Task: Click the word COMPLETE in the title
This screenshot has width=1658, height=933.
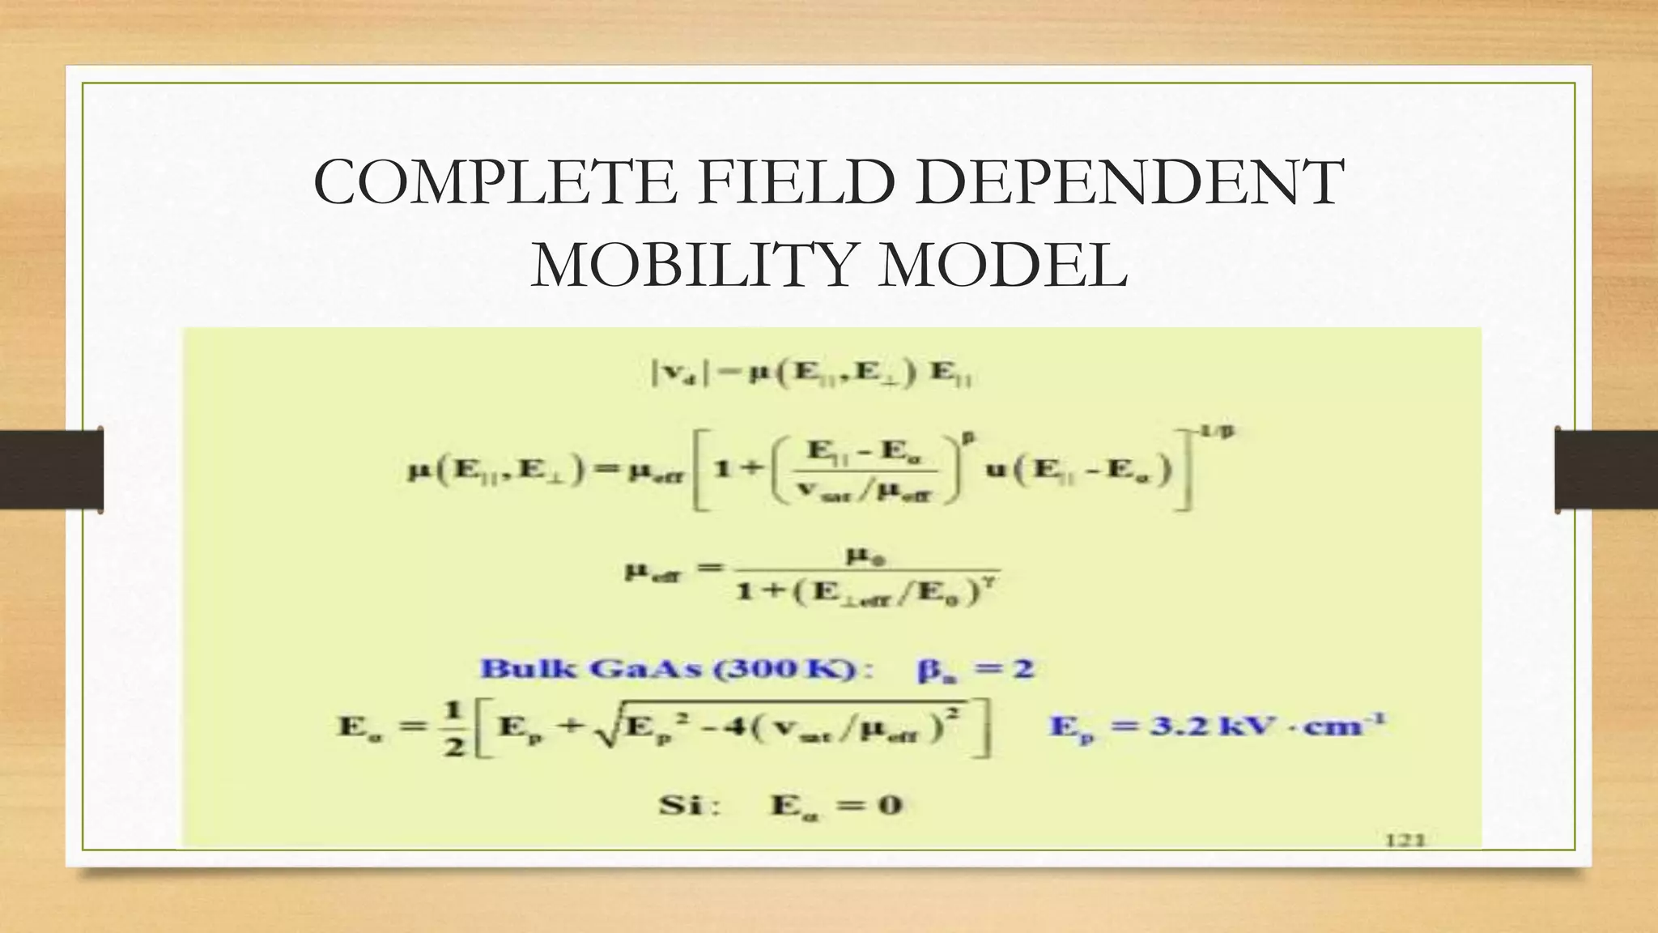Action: (495, 182)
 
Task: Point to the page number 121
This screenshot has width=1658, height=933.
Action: (1405, 840)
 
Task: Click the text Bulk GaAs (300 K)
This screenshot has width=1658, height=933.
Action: (677, 669)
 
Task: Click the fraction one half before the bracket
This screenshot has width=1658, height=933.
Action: (453, 726)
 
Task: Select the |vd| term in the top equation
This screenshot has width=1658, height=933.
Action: (675, 373)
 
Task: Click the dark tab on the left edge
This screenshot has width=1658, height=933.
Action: (51, 470)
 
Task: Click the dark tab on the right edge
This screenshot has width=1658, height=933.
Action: (1606, 470)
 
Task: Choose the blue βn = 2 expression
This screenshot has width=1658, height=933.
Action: (976, 670)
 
